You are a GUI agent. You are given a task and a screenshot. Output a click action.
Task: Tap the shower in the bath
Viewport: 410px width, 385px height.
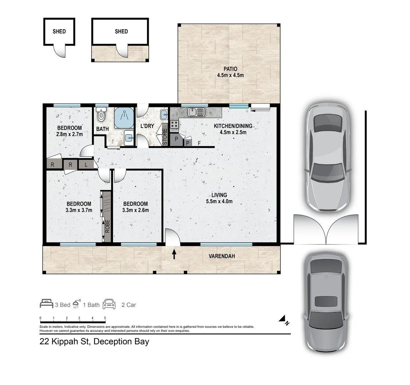tap(124, 117)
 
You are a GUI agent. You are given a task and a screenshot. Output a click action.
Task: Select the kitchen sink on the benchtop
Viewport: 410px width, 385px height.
tap(196, 112)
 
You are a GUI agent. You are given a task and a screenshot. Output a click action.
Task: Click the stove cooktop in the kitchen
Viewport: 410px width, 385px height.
tap(174, 124)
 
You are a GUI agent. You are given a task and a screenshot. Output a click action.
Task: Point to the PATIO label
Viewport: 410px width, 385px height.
tap(230, 69)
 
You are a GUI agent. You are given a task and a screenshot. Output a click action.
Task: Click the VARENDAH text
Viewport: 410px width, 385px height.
tap(222, 256)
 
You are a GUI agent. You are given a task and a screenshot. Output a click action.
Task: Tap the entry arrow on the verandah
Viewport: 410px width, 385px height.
tap(174, 254)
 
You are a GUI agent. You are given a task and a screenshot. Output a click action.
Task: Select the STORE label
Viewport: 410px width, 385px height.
tap(165, 137)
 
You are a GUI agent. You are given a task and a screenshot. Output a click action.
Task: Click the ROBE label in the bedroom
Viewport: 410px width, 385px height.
tap(107, 226)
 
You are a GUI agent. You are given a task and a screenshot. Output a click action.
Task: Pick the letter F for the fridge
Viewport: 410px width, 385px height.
tap(199, 143)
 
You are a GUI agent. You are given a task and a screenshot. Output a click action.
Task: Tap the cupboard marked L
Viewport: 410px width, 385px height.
tap(86, 165)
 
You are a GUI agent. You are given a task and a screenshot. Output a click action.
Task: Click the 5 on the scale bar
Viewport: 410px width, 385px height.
tap(105, 318)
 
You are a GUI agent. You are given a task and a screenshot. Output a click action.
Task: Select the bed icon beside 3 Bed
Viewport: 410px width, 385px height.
tap(46, 304)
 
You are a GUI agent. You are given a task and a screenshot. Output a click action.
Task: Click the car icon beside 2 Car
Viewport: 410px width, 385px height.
tap(109, 304)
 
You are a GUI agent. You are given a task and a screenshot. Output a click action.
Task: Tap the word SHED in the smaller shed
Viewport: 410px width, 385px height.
tap(59, 32)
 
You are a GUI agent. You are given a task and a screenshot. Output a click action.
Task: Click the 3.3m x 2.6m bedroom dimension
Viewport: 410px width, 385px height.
tap(135, 210)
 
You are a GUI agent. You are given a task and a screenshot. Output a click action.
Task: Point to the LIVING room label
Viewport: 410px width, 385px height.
tap(219, 195)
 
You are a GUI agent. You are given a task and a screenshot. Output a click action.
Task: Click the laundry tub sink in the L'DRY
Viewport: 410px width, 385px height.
tap(164, 114)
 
